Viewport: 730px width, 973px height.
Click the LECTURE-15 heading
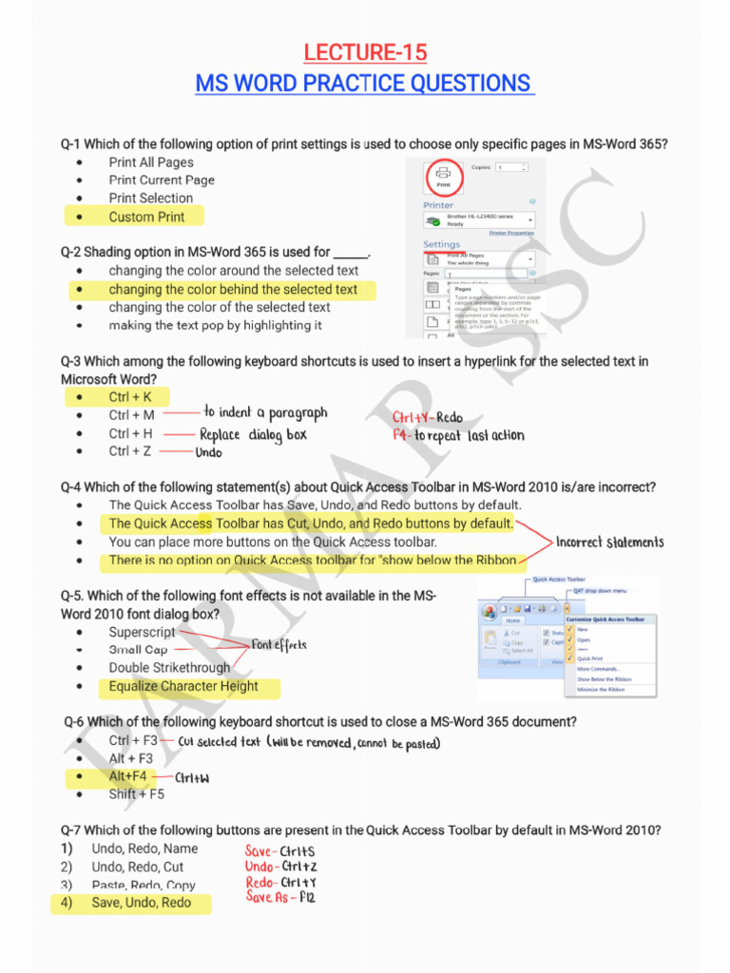365,51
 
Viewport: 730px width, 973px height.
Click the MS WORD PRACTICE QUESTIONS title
364,84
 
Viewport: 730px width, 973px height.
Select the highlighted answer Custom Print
146,217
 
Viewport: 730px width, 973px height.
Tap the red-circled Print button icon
443,176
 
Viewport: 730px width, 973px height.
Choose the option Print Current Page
162,180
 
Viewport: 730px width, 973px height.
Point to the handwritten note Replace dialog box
253,435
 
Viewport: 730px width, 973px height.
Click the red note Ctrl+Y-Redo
428,417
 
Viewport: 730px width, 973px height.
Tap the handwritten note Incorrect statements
609,543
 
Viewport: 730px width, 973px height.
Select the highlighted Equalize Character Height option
183,686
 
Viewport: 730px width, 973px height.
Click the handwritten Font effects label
279,645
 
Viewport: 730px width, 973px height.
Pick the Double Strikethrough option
169,668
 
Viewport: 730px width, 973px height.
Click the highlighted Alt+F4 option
128,776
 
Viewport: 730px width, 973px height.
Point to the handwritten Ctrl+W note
192,778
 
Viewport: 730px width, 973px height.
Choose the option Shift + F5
136,794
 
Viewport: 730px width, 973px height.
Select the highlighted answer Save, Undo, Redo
142,903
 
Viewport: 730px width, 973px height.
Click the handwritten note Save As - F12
279,896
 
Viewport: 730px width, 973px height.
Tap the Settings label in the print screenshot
441,244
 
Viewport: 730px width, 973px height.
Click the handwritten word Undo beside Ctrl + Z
209,453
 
